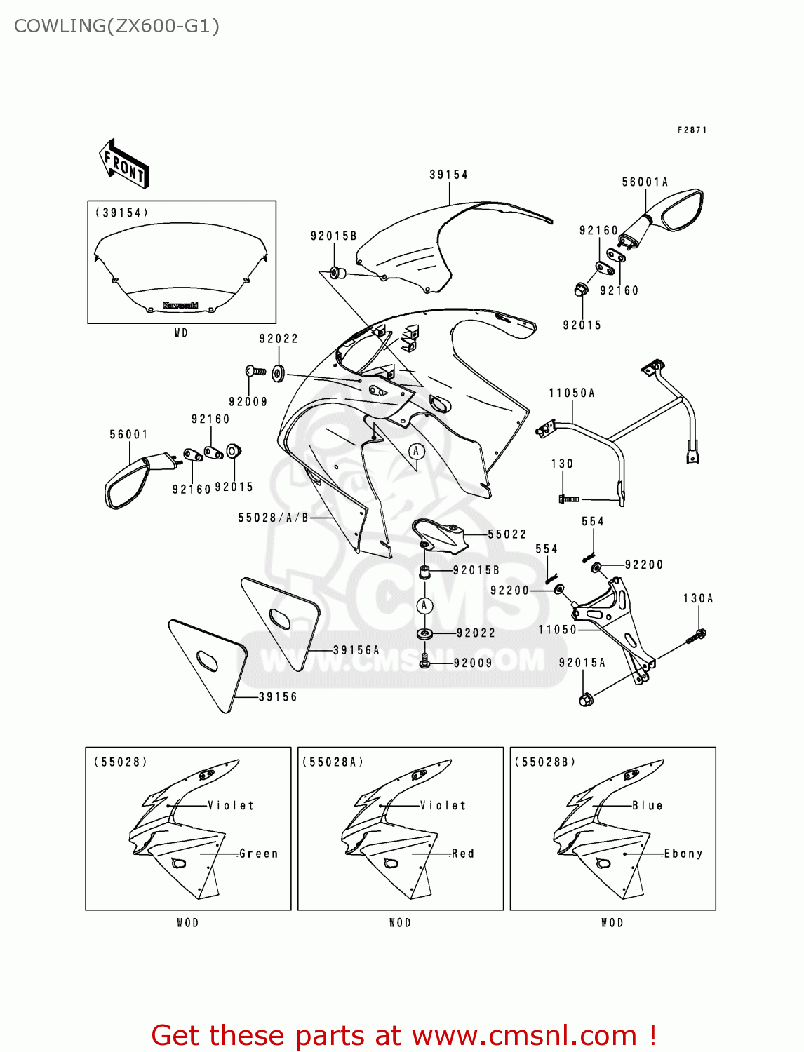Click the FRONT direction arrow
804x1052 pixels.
pos(124,164)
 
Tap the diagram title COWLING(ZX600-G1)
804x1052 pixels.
pos(116,26)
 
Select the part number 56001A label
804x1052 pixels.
pos(645,182)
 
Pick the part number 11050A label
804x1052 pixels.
pos(572,393)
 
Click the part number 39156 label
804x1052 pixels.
pos(278,697)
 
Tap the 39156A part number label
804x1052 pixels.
pos(356,651)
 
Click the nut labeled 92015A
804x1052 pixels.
pos(587,699)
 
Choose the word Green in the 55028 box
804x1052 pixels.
pos(259,854)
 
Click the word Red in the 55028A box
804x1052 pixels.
pos(463,854)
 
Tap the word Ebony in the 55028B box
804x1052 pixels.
pos(683,854)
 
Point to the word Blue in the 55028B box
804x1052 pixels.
pos(648,805)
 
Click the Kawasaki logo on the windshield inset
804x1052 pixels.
pos(180,305)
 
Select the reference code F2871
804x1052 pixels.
pos(692,130)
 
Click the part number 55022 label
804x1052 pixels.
pos(507,534)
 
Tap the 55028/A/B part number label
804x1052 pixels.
pos(273,518)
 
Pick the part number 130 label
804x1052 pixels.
pos(562,464)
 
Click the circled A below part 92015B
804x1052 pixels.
pos(424,605)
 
